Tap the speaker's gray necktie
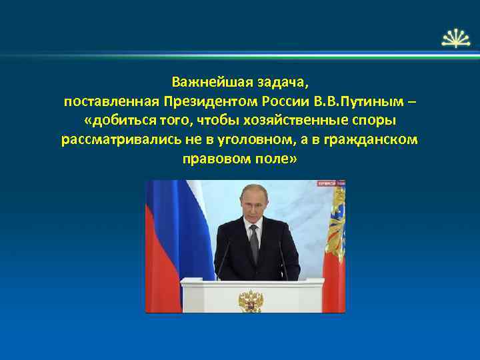[x=253, y=243]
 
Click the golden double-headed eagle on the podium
[x=251, y=299]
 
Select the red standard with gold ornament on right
[x=335, y=247]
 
